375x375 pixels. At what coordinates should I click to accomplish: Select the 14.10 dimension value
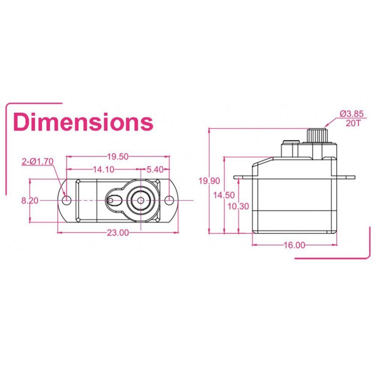pyautogui.click(x=103, y=169)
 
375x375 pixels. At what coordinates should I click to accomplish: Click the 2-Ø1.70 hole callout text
pyautogui.click(x=37, y=162)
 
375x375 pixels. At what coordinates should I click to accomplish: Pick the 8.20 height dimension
pyautogui.click(x=30, y=201)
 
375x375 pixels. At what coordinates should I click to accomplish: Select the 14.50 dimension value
pyautogui.click(x=224, y=195)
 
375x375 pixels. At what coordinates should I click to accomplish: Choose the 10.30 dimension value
pyautogui.click(x=238, y=206)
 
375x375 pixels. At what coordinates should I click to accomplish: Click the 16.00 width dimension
pyautogui.click(x=294, y=245)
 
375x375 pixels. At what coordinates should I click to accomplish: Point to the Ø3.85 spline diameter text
pyautogui.click(x=352, y=113)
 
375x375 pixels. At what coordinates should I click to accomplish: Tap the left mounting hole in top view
pyautogui.click(x=67, y=200)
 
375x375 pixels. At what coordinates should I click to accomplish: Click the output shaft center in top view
pyautogui.click(x=141, y=200)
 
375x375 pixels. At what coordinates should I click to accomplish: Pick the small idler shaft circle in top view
pyautogui.click(x=111, y=200)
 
